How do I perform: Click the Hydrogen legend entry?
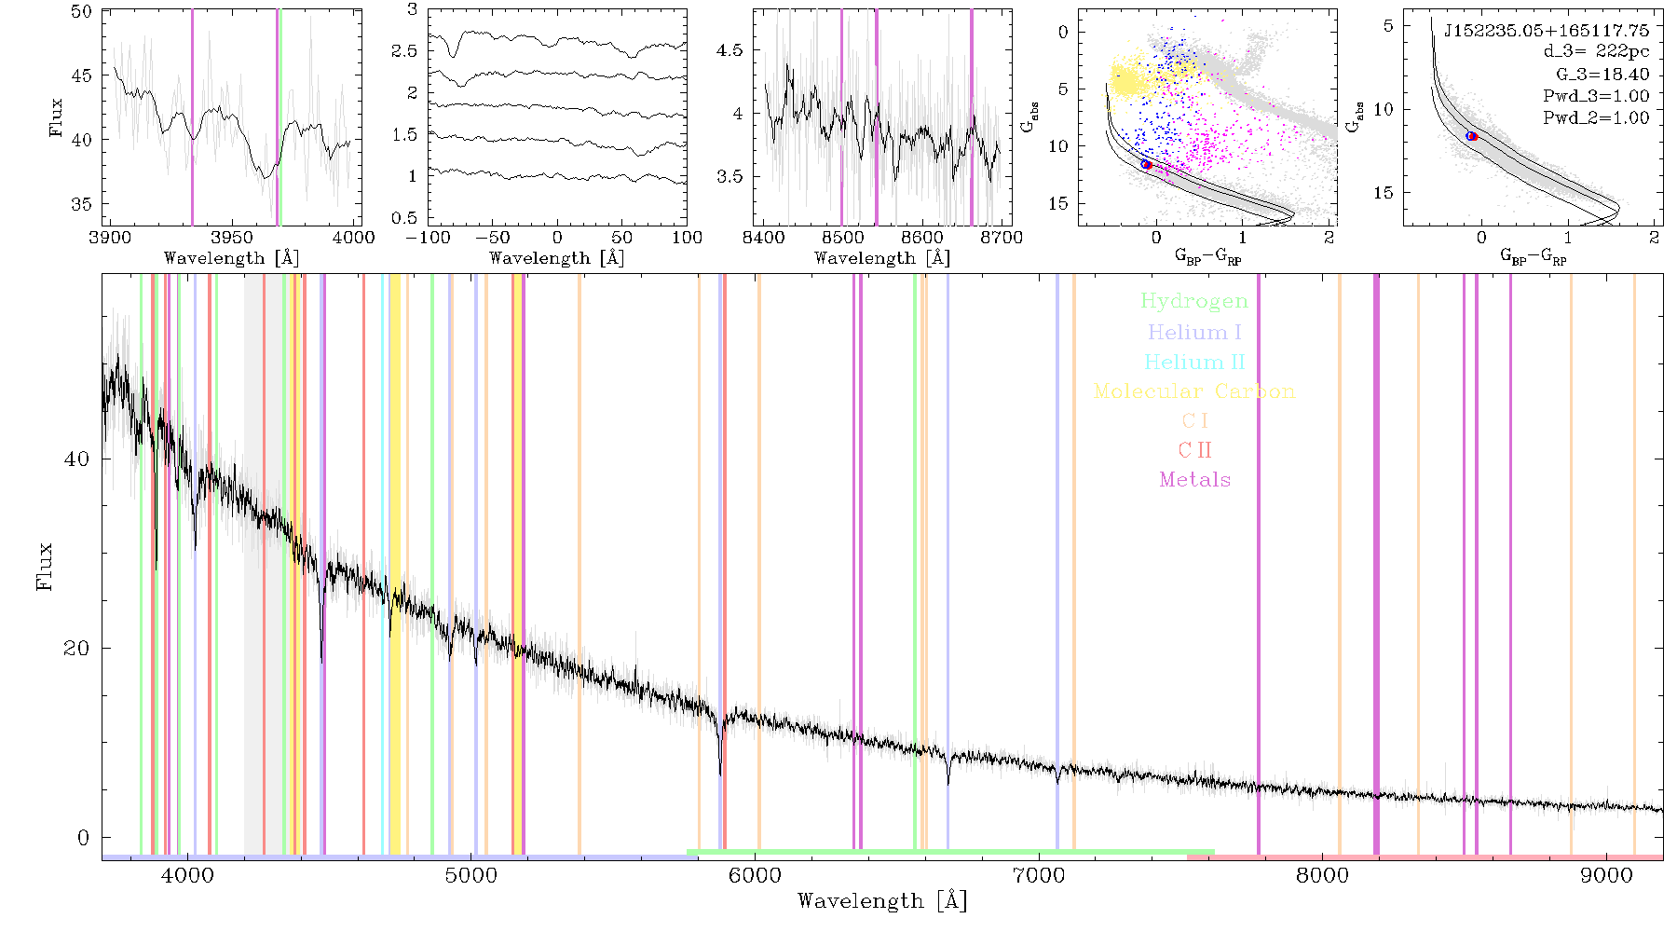[1193, 301]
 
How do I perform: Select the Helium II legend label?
[1194, 362]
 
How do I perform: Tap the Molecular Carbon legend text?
[1194, 391]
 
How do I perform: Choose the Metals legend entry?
[1195, 480]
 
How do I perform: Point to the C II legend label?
[1194, 450]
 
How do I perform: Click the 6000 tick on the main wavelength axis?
[756, 875]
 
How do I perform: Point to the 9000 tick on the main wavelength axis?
[1606, 875]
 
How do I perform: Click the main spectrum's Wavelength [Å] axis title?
[882, 901]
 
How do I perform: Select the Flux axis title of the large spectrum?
[44, 567]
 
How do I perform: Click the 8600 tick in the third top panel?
[922, 237]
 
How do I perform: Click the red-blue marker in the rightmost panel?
[1472, 137]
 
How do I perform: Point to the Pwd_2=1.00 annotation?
[1596, 118]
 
